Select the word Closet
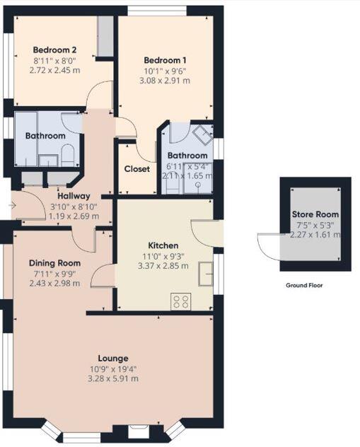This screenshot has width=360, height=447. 137,169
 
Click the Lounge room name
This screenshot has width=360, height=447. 113,358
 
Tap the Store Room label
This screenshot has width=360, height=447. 315,214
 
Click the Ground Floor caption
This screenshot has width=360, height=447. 305,286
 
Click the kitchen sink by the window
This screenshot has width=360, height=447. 206,274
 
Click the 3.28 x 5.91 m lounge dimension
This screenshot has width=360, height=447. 113,378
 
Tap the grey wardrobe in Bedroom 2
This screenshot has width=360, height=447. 105,35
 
